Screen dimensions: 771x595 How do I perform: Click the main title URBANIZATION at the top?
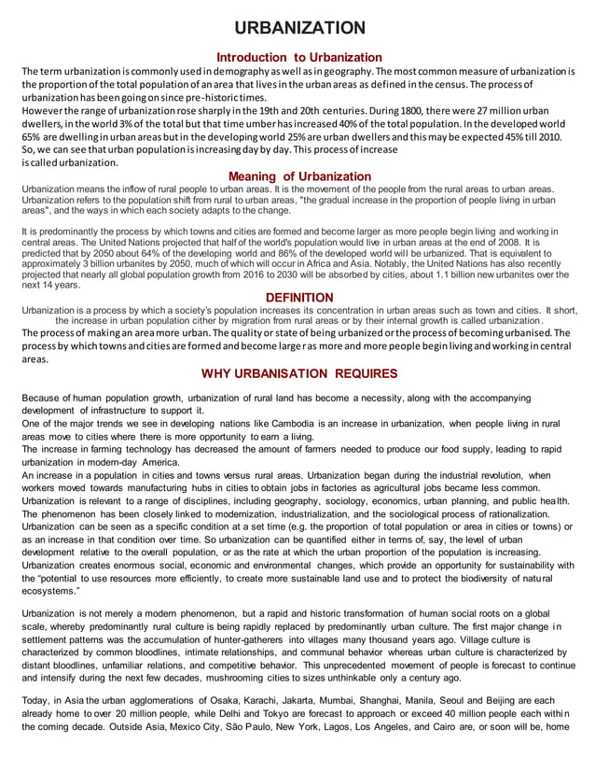point(299,28)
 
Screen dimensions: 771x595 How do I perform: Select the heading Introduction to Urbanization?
point(299,58)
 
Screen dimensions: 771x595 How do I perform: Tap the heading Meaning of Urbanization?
point(299,176)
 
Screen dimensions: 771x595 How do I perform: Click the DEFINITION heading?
point(299,298)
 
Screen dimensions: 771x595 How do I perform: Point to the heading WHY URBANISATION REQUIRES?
point(299,373)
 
